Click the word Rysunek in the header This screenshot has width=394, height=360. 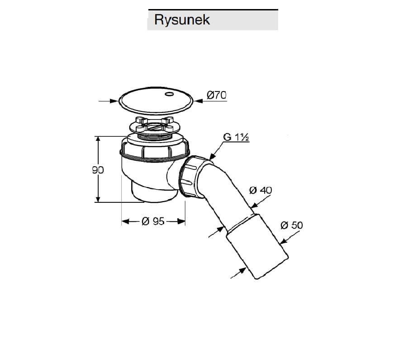coord(182,20)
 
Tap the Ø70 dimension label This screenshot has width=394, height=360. coord(216,95)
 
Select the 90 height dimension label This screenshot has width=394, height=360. coord(98,170)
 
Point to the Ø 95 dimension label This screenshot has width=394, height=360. coord(153,221)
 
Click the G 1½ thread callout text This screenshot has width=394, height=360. coord(236,137)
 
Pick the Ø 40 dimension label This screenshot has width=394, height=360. coord(261,190)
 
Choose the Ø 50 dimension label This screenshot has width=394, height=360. coord(291,225)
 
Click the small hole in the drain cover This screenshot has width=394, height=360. coord(169,94)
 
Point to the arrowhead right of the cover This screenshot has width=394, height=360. coord(199,101)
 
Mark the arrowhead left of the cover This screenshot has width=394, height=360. coord(114,101)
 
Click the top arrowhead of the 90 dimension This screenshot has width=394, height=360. coord(98,140)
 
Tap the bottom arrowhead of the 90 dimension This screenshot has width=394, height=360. coord(98,198)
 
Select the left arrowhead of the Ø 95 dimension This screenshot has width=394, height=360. coord(125,221)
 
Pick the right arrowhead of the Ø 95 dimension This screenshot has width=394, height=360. coord(181,221)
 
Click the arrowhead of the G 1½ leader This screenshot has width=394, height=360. coord(212,157)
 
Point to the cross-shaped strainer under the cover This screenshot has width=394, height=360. coord(154,124)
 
